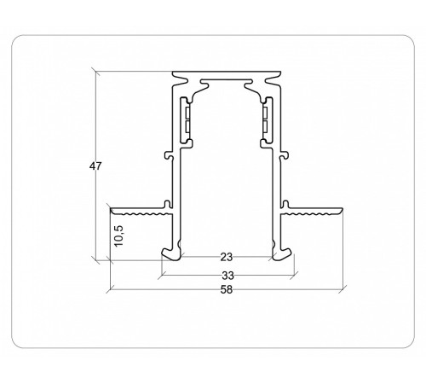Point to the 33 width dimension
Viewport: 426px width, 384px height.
point(227,275)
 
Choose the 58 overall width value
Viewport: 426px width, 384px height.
point(227,288)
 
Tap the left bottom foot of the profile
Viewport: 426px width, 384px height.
point(171,252)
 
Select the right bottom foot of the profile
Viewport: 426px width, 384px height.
point(281,252)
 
